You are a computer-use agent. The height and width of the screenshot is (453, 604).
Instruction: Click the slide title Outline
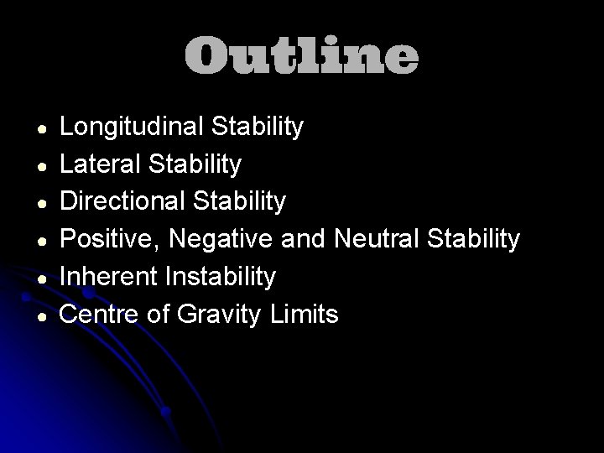[301, 55]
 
